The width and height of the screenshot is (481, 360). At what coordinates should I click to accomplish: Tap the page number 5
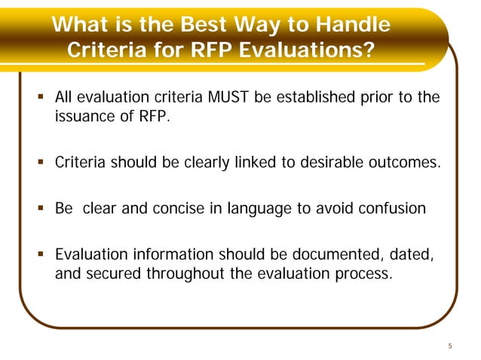tap(449, 346)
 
